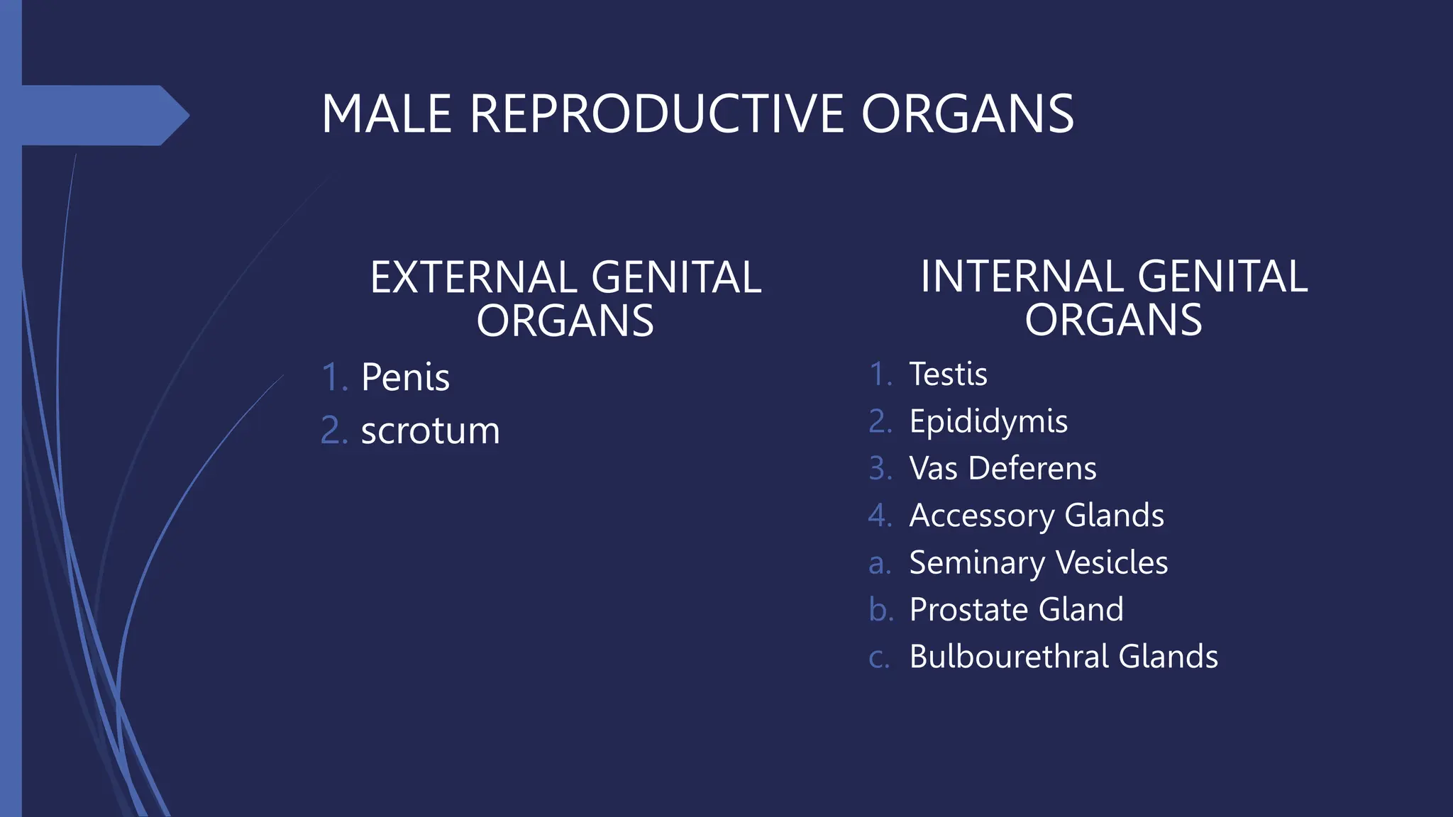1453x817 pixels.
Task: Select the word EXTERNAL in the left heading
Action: (x=472, y=277)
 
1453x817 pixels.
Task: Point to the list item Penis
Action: (x=405, y=377)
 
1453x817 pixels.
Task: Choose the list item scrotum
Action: (x=430, y=430)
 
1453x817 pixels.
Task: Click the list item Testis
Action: (x=948, y=374)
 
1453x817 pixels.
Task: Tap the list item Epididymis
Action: (x=988, y=422)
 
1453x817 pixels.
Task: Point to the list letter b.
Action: (x=880, y=610)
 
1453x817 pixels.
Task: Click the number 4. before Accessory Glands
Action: (x=880, y=516)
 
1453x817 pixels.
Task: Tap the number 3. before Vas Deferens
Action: (x=880, y=469)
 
